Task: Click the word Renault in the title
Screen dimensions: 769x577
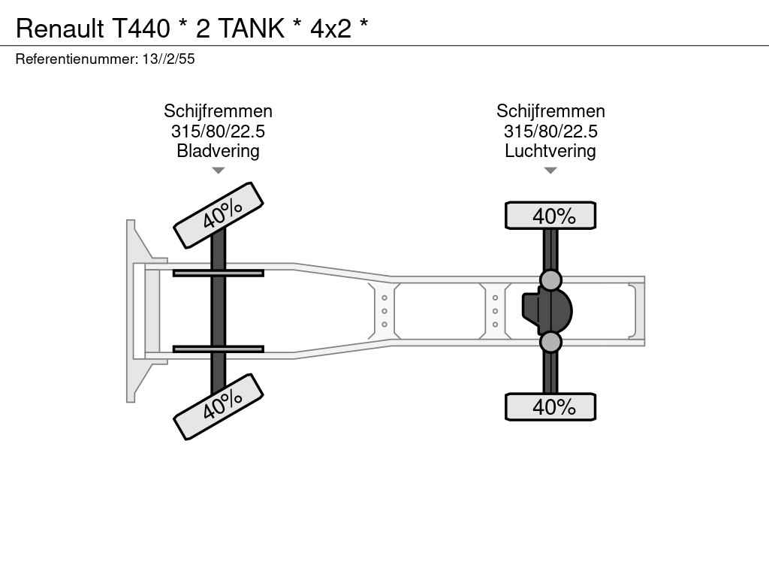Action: [x=60, y=28]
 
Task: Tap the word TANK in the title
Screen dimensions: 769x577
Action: [x=251, y=28]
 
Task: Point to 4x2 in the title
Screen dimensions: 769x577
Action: [x=330, y=29]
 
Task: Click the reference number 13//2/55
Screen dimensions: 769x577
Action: [x=169, y=59]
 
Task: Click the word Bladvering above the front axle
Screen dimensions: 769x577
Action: [x=218, y=150]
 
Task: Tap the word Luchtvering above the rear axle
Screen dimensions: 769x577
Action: [x=550, y=150]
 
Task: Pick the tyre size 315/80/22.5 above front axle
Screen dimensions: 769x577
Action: [x=218, y=131]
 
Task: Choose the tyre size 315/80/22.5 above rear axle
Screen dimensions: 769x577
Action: [x=550, y=131]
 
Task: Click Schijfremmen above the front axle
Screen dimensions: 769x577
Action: [x=218, y=111]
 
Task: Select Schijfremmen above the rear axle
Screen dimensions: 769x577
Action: [x=550, y=111]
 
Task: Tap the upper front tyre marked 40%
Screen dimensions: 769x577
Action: [x=219, y=215]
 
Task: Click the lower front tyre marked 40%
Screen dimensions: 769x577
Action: [x=219, y=406]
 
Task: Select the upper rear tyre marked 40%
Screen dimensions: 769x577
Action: [x=550, y=216]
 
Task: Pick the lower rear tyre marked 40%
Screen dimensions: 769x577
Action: [x=550, y=406]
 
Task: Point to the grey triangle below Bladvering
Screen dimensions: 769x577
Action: [x=219, y=171]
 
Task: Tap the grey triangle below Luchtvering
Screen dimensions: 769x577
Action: [x=550, y=171]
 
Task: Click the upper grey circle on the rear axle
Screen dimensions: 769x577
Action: [x=550, y=281]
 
